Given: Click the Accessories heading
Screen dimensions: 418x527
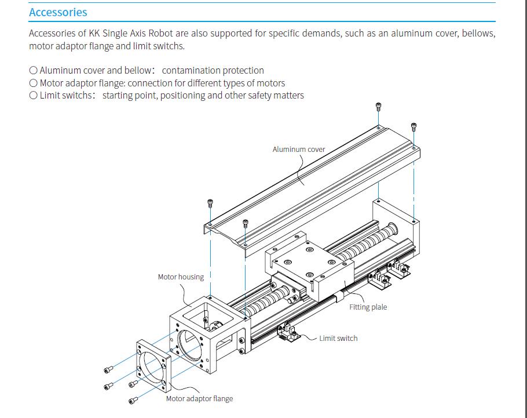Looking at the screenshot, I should [x=58, y=12].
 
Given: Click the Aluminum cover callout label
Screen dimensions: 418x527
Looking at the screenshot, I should [x=299, y=149].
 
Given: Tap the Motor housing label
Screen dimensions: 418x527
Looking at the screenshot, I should [x=181, y=277].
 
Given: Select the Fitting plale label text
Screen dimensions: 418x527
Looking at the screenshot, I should [x=368, y=307].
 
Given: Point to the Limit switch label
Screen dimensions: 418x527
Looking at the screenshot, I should [x=338, y=338].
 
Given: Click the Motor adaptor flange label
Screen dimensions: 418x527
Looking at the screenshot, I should [x=199, y=398].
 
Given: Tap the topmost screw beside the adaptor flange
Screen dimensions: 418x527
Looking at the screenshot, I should [x=108, y=370].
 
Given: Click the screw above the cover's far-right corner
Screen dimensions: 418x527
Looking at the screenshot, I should [x=413, y=126].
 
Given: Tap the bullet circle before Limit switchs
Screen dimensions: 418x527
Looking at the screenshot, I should [x=33, y=96].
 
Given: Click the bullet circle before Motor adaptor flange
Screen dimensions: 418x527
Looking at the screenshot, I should [x=33, y=83].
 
